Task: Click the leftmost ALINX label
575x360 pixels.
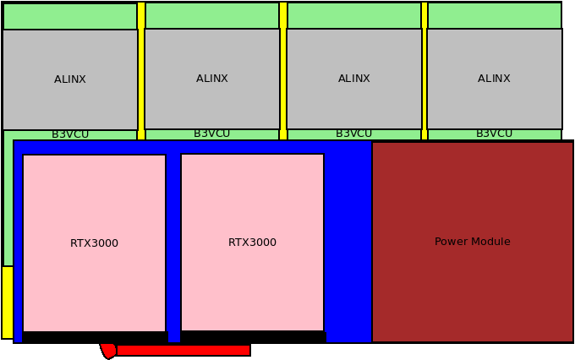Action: pyautogui.click(x=70, y=79)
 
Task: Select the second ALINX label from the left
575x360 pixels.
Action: pyautogui.click(x=212, y=79)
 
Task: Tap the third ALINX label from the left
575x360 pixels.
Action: pyautogui.click(x=354, y=79)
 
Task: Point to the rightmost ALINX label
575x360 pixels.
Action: pyautogui.click(x=494, y=79)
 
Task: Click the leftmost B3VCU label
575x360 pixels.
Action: pyautogui.click(x=70, y=134)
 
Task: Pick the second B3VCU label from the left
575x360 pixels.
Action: pyautogui.click(x=212, y=134)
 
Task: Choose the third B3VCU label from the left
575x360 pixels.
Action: pyautogui.click(x=354, y=134)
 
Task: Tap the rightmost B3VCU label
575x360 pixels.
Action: pyautogui.click(x=494, y=134)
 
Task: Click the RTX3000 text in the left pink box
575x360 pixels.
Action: pyautogui.click(x=94, y=243)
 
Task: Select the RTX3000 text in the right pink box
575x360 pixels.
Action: pyautogui.click(x=252, y=243)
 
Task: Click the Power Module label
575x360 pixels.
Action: pyautogui.click(x=473, y=242)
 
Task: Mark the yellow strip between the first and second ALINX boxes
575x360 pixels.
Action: pyautogui.click(x=141, y=72)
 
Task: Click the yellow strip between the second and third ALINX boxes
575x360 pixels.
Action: pyautogui.click(x=283, y=72)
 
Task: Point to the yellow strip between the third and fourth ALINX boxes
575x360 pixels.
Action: pyautogui.click(x=424, y=72)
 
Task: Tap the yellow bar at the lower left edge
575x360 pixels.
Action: pyautogui.click(x=8, y=302)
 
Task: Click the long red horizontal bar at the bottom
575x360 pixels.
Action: pyautogui.click(x=183, y=350)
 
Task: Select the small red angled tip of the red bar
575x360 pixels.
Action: pyautogui.click(x=108, y=350)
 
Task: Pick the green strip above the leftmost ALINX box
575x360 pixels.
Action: pyautogui.click(x=70, y=16)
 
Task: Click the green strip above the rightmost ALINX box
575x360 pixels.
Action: pyautogui.click(x=494, y=15)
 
